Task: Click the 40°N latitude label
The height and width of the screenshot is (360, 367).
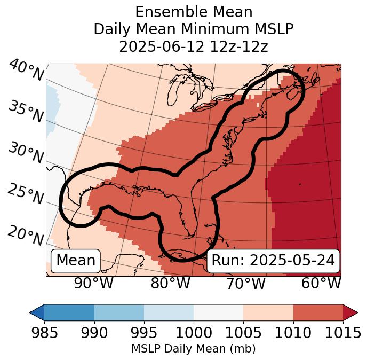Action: click(26, 71)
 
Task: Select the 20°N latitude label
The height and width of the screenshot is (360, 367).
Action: click(26, 235)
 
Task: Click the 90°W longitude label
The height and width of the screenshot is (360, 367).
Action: click(93, 284)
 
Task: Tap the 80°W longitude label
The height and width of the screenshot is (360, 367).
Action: click(170, 284)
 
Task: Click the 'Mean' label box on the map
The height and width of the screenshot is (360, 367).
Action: click(76, 261)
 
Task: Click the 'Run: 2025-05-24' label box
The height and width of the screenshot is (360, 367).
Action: click(273, 261)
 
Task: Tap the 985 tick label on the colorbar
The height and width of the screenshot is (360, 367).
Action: click(44, 333)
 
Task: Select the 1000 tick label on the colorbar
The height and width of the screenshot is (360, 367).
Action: click(194, 333)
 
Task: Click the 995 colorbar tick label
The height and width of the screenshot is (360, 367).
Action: click(144, 333)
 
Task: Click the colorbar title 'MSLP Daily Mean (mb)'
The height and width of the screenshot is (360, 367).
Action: click(193, 349)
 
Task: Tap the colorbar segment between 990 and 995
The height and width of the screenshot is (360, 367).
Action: click(119, 312)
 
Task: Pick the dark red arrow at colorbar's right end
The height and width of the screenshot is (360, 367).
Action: click(350, 312)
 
